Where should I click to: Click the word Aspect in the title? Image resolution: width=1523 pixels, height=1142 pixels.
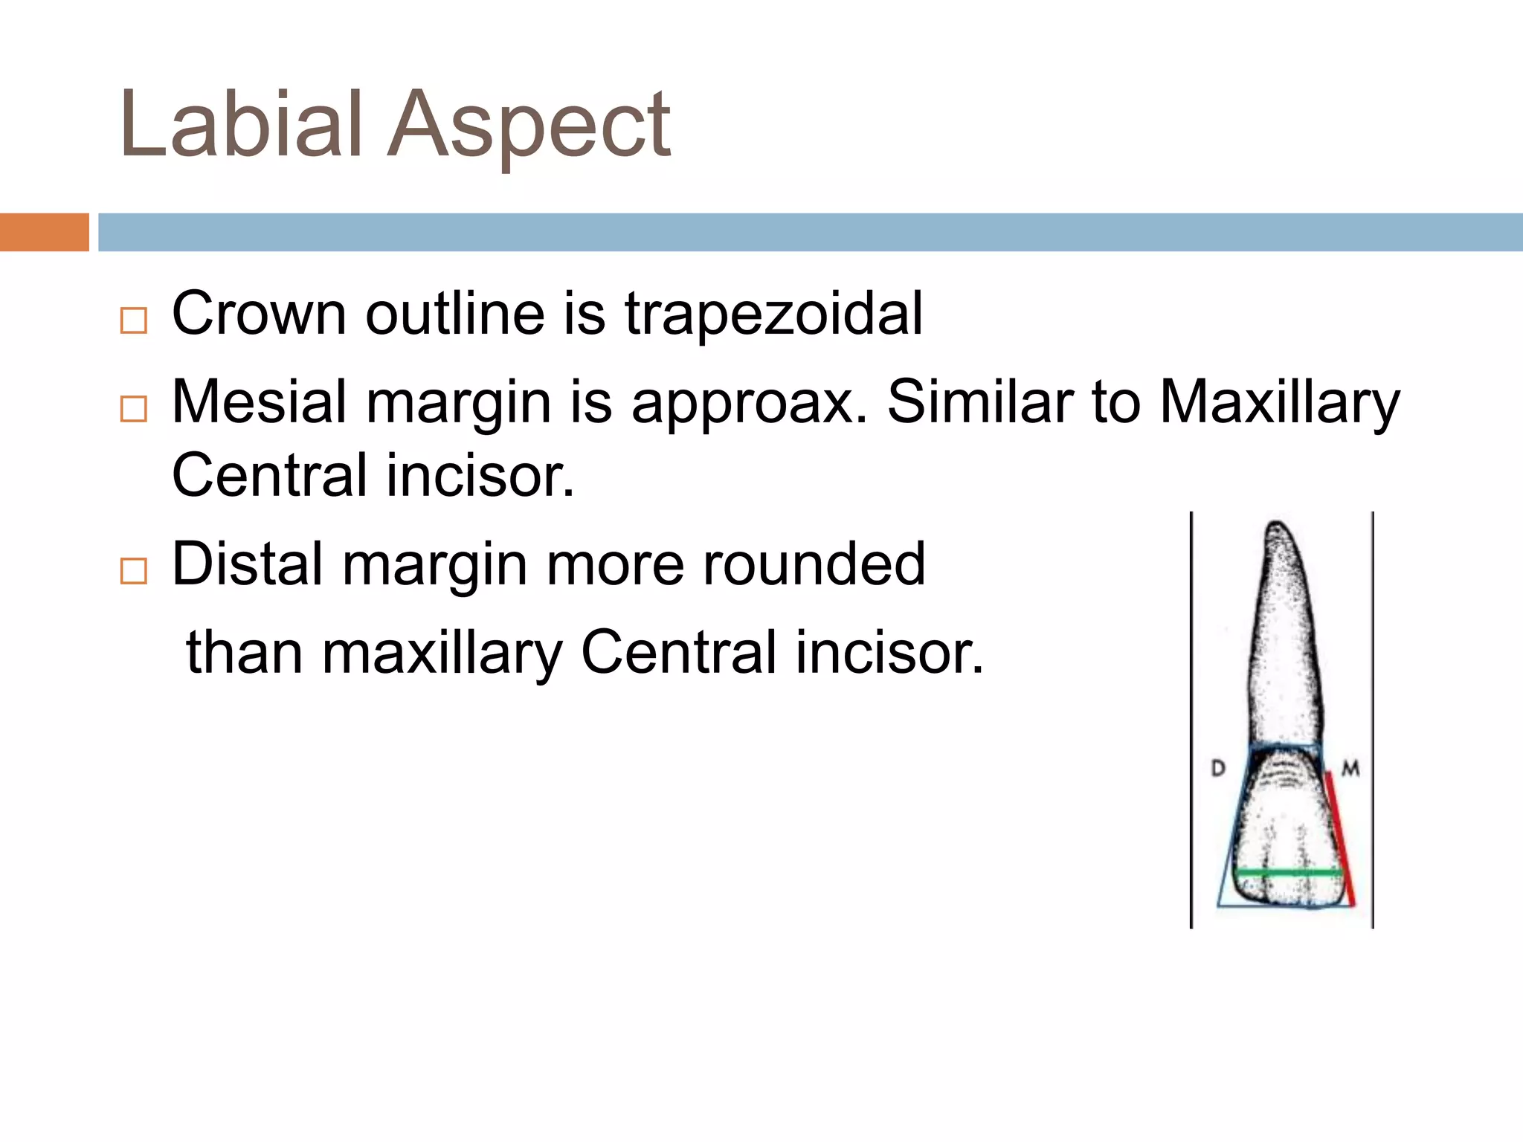click(x=529, y=126)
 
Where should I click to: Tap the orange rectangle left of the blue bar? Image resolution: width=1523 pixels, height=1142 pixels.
click(x=44, y=232)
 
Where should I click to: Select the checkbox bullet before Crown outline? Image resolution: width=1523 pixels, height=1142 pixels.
click(x=134, y=321)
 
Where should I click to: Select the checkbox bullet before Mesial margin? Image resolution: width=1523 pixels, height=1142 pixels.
click(x=134, y=409)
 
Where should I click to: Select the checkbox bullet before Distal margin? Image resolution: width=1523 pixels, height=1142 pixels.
click(x=134, y=571)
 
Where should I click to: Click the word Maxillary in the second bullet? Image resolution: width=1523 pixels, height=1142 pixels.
click(x=1279, y=404)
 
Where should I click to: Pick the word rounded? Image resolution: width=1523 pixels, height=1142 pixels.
click(x=814, y=564)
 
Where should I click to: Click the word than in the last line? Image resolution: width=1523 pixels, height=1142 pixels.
click(x=244, y=653)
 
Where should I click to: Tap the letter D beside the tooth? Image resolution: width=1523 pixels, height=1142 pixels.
click(x=1218, y=768)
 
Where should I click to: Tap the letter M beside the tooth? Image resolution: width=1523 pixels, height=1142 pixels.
click(x=1350, y=768)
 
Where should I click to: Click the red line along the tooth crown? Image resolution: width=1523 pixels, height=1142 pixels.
click(x=1339, y=840)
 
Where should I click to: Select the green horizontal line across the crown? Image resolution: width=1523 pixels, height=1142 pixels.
click(x=1287, y=872)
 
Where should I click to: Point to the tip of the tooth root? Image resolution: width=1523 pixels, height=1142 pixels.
click(x=1278, y=525)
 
